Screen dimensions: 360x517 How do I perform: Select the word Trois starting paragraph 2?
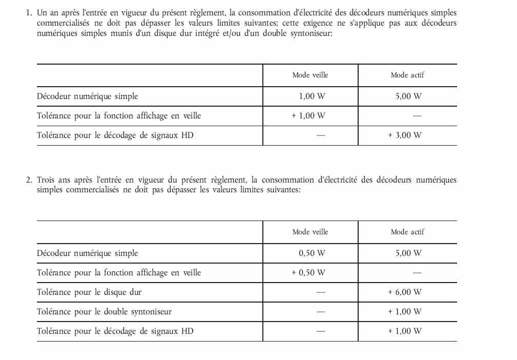tap(47, 180)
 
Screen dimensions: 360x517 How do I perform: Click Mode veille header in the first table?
tap(310, 75)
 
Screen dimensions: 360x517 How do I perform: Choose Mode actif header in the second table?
tap(407, 232)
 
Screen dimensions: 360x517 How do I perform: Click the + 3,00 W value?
tap(405, 135)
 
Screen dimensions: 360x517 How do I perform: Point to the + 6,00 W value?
tap(405, 292)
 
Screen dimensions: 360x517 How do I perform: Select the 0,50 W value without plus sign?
tap(312, 253)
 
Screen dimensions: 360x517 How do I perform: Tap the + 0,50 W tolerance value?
tap(308, 273)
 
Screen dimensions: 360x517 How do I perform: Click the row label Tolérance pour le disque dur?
tap(89, 292)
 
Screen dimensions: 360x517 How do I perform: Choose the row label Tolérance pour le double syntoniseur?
tap(104, 312)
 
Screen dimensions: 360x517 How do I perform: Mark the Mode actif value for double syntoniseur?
tap(405, 312)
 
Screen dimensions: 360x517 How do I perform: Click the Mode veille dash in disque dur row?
tap(321, 292)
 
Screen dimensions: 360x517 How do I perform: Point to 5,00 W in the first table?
tap(408, 96)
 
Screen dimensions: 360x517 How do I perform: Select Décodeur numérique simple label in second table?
tap(88, 253)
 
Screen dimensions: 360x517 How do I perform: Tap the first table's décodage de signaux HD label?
tap(115, 135)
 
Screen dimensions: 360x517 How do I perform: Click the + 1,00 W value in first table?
tap(308, 116)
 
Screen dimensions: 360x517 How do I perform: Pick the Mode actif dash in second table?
tap(417, 273)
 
